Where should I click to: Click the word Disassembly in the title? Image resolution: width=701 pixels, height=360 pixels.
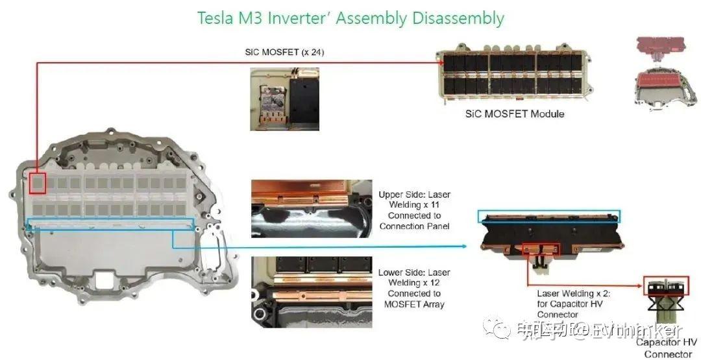[x=458, y=18]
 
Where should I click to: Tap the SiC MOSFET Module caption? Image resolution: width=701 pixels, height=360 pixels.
[x=515, y=114]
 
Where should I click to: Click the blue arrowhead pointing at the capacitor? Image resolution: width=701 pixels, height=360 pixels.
[x=465, y=246]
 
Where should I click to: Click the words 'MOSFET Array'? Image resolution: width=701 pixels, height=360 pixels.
[x=413, y=304]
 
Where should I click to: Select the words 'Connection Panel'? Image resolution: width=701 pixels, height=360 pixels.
[x=414, y=226]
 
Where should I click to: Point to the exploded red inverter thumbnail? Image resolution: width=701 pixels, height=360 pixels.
[x=665, y=71]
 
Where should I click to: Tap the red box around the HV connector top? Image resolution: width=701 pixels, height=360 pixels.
[x=666, y=286]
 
